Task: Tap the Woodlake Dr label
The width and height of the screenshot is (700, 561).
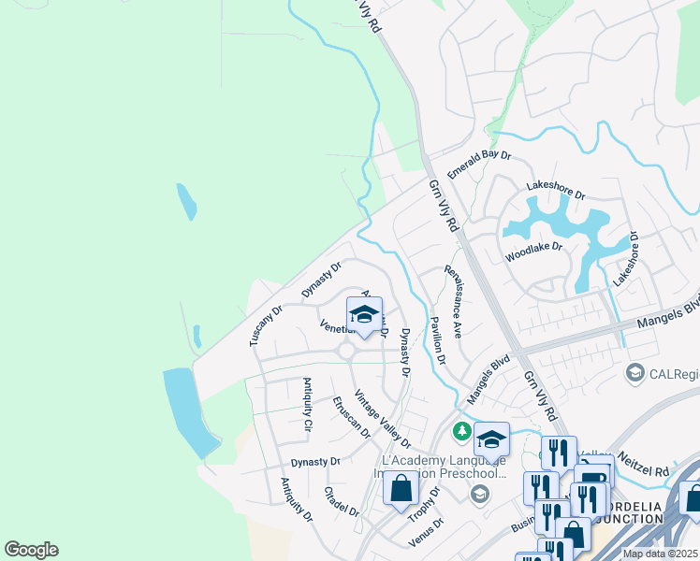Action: (533, 250)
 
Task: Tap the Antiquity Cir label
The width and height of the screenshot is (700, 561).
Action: (307, 404)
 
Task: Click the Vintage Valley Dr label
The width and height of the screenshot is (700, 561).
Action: (382, 419)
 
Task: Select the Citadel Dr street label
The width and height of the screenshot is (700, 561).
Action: (342, 501)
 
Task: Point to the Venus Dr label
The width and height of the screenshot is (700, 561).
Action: (424, 534)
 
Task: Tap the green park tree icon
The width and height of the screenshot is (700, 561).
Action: (461, 431)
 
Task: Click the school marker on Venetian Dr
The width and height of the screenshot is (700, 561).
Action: (364, 315)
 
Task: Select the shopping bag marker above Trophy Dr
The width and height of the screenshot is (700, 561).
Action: (401, 488)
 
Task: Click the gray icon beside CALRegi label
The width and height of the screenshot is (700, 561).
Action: (635, 373)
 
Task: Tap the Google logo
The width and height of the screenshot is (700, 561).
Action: (31, 550)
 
